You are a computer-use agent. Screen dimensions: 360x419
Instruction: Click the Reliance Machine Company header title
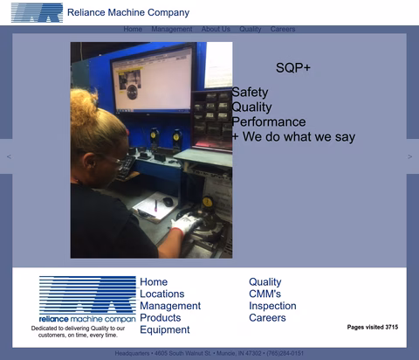pyautogui.click(x=127, y=12)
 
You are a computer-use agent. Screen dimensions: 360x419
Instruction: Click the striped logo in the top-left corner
pyautogui.click(x=37, y=12)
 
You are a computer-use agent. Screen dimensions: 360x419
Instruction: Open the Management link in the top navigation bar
pyautogui.click(x=171, y=29)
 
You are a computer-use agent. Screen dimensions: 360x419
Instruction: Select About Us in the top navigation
pyautogui.click(x=216, y=29)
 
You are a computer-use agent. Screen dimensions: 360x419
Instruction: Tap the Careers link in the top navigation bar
pyautogui.click(x=283, y=29)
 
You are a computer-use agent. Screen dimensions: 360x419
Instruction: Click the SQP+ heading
pyautogui.click(x=293, y=67)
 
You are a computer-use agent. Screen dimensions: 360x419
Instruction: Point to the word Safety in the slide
pyautogui.click(x=250, y=92)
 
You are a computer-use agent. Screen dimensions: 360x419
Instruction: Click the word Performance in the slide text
pyautogui.click(x=268, y=121)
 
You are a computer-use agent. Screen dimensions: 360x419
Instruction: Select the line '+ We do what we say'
pyautogui.click(x=293, y=136)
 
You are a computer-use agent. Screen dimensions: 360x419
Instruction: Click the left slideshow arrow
pyautogui.click(x=9, y=157)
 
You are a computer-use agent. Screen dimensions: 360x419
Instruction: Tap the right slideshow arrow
pyautogui.click(x=410, y=157)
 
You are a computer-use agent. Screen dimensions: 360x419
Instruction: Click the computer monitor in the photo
pyautogui.click(x=152, y=79)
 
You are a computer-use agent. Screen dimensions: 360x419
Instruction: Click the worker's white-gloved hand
pyautogui.click(x=185, y=225)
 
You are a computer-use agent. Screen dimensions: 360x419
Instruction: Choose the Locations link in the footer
pyautogui.click(x=162, y=294)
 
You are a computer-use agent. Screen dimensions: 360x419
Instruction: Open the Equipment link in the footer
pyautogui.click(x=165, y=329)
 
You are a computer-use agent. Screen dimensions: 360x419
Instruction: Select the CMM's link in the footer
pyautogui.click(x=264, y=294)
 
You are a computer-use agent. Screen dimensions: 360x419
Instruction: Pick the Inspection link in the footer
pyautogui.click(x=272, y=306)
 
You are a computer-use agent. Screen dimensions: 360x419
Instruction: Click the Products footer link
pyautogui.click(x=161, y=317)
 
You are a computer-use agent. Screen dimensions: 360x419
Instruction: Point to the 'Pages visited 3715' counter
pyautogui.click(x=372, y=327)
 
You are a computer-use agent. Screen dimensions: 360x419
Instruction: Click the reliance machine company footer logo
pyautogui.click(x=86, y=300)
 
